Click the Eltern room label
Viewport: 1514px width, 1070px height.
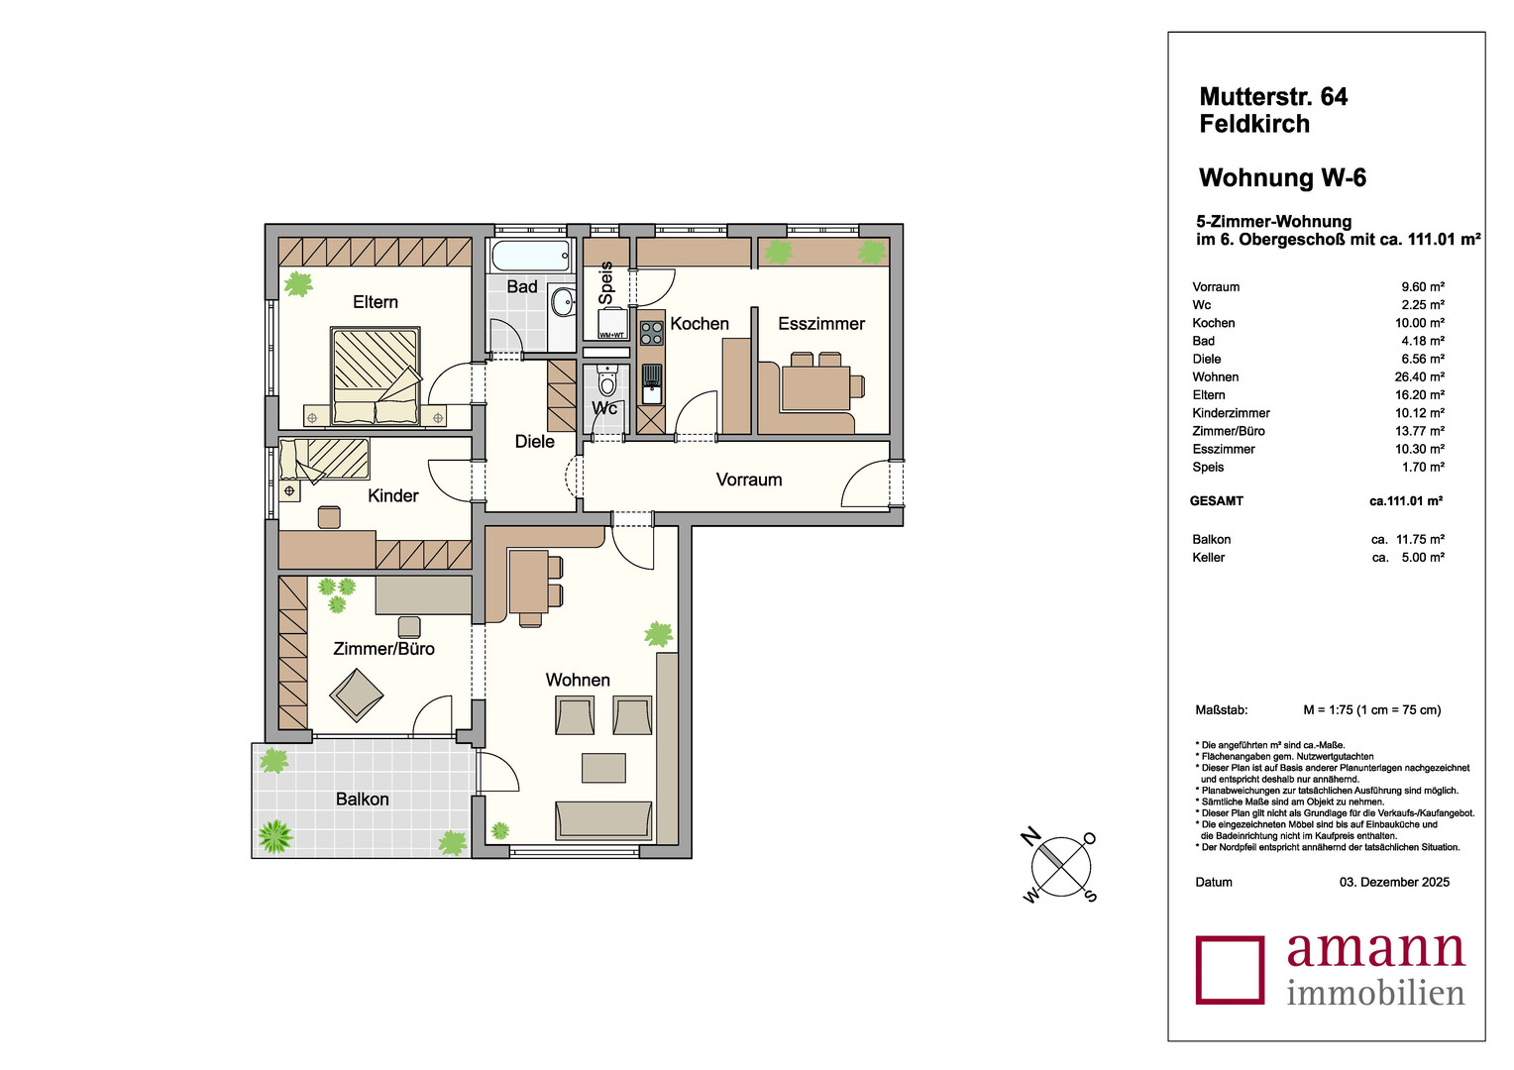pos(376,302)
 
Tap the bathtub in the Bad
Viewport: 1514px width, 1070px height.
pos(530,257)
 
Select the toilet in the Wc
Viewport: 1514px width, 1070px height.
pos(607,381)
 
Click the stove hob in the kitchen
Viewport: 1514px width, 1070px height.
pos(652,333)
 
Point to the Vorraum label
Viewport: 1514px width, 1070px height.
pos(749,480)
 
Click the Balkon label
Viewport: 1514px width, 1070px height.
pos(363,800)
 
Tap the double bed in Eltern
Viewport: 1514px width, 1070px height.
pos(376,375)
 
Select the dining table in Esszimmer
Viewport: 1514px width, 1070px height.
pos(815,387)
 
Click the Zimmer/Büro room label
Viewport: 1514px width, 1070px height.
pos(383,649)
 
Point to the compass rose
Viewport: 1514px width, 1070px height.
pos(1060,868)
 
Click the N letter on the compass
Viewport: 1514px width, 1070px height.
pos(1030,838)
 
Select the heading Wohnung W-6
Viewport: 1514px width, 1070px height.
pos(1282,177)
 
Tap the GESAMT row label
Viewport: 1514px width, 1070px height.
pos(1217,501)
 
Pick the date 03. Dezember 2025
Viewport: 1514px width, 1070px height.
pos(1394,882)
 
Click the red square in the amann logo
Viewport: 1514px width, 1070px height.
pos(1230,970)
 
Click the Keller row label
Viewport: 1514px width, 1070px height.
pos(1209,558)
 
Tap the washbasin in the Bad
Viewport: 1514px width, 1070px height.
pos(562,301)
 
